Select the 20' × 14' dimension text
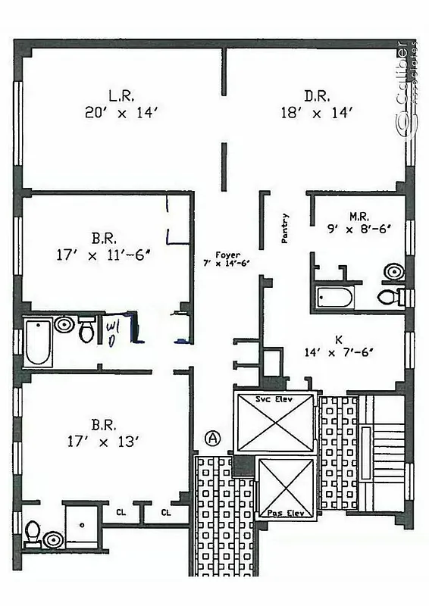(x=121, y=112)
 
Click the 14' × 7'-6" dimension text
(x=337, y=352)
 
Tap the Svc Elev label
(x=274, y=398)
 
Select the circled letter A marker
(x=213, y=437)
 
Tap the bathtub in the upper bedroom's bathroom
(x=37, y=342)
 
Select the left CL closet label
(x=121, y=513)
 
